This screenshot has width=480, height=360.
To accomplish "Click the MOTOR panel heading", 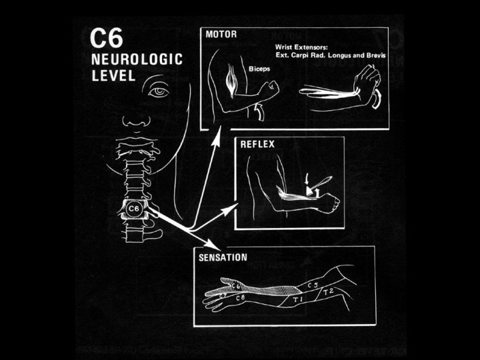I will (219, 33).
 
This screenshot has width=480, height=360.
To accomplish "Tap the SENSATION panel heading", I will (223, 256).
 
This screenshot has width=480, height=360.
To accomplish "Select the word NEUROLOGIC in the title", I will (136, 60).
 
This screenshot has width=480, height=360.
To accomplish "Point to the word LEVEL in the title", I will (112, 75).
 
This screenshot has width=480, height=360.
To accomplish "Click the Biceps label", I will (258, 69).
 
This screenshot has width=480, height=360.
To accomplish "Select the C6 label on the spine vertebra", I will (133, 209).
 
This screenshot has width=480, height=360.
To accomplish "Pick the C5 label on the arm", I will (312, 285).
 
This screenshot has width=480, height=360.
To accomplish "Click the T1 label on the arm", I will (297, 301).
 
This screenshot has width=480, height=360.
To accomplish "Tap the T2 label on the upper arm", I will (329, 292).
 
